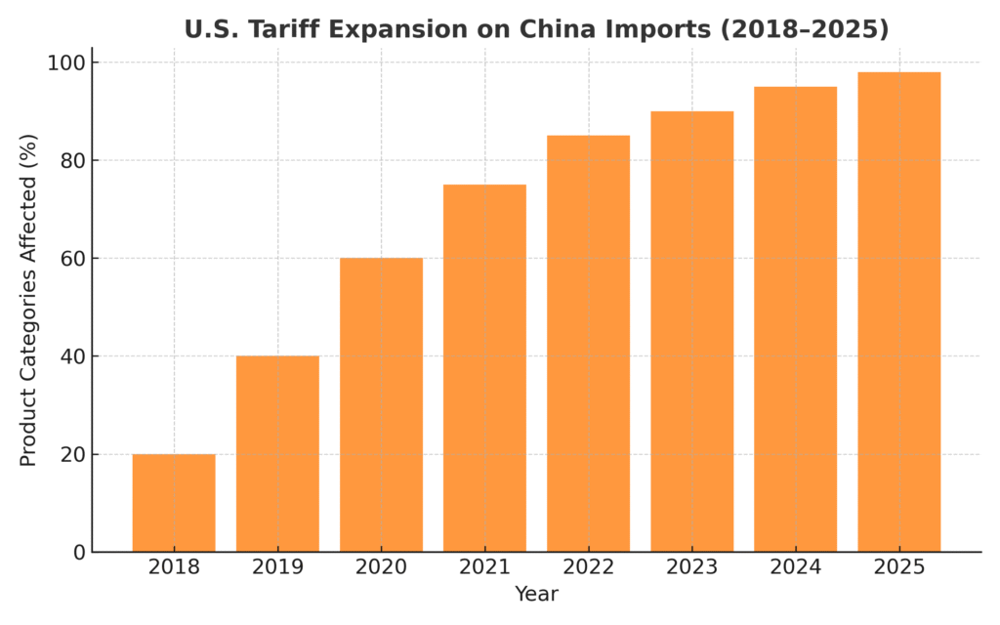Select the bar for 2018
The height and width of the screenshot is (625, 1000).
click(x=174, y=503)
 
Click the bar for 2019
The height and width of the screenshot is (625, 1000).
click(x=277, y=454)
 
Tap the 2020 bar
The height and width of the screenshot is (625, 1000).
click(x=381, y=405)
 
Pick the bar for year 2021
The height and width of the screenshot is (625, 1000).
click(x=484, y=368)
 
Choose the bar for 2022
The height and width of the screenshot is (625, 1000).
click(x=588, y=344)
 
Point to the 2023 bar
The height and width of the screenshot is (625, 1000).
click(x=691, y=332)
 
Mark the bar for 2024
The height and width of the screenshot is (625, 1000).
click(x=795, y=319)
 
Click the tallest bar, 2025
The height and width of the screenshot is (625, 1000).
click(x=898, y=312)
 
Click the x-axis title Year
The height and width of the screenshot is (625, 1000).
click(x=536, y=594)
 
